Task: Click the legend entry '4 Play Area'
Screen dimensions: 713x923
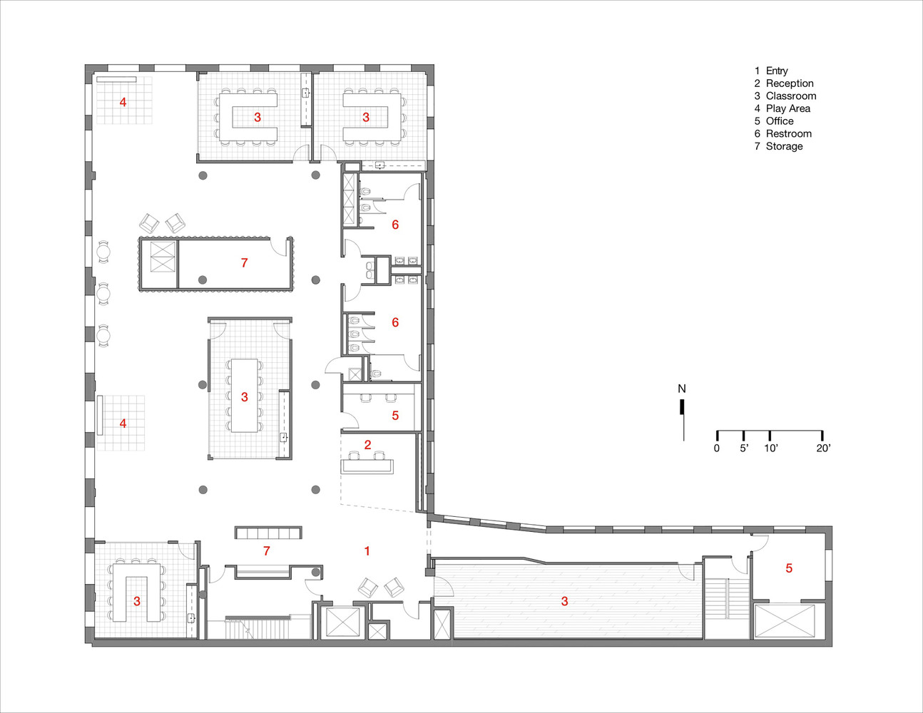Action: click(x=782, y=108)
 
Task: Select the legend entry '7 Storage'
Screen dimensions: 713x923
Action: click(x=778, y=146)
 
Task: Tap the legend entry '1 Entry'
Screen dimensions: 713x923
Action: click(x=771, y=71)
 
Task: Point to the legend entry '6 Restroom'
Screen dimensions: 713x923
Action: click(x=782, y=133)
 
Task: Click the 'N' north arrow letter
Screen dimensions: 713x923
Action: click(x=682, y=389)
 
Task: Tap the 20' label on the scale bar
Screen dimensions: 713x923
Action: click(x=823, y=448)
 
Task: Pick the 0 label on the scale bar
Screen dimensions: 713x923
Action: click(x=717, y=448)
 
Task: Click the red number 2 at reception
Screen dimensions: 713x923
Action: click(x=367, y=445)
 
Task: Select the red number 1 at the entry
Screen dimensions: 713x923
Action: click(x=367, y=550)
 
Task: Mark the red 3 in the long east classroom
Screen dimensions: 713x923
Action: click(x=564, y=601)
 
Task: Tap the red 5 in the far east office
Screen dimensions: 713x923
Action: click(x=789, y=568)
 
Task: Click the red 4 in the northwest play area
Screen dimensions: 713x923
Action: click(x=123, y=103)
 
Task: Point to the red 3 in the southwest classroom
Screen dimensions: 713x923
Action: click(x=137, y=601)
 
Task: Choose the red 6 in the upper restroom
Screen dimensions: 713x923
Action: click(x=395, y=225)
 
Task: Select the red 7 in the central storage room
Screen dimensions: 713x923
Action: click(x=244, y=263)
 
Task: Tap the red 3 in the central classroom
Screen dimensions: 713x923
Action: click(x=244, y=396)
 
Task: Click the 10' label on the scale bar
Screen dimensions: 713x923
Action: click(x=770, y=448)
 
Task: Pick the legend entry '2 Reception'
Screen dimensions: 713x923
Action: click(x=783, y=83)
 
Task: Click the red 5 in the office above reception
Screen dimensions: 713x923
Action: click(x=395, y=415)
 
